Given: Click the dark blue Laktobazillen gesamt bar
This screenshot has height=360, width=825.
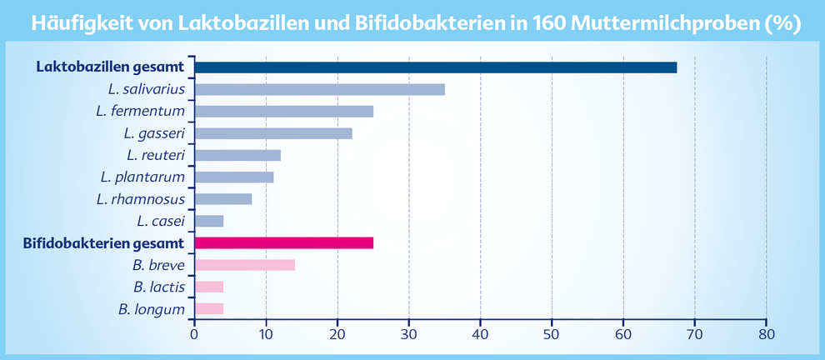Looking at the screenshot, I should pyautogui.click(x=435, y=67).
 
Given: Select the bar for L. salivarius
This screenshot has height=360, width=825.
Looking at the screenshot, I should pyautogui.click(x=319, y=89).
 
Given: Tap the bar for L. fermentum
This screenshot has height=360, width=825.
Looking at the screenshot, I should pyautogui.click(x=283, y=111).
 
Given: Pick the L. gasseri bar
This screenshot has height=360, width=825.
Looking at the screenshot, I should pyautogui.click(x=272, y=133).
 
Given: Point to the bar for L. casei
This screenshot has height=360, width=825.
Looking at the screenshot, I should pyautogui.click(x=208, y=221).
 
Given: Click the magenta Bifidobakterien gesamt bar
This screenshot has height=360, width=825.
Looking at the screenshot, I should pyautogui.click(x=283, y=242).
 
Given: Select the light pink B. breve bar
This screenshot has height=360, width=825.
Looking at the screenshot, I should pyautogui.click(x=244, y=265).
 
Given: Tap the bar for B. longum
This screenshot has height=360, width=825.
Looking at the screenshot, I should pyautogui.click(x=208, y=309).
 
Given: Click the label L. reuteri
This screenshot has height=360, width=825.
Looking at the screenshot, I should pyautogui.click(x=156, y=155).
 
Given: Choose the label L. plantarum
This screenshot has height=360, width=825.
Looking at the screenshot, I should pyautogui.click(x=142, y=177).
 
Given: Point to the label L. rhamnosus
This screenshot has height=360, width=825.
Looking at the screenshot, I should pyautogui.click(x=140, y=199).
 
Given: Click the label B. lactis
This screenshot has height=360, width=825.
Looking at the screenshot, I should pyautogui.click(x=159, y=287).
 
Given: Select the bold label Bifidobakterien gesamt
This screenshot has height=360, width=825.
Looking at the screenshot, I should pyautogui.click(x=103, y=243).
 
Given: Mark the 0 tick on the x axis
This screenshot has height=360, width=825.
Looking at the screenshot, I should pyautogui.click(x=194, y=333).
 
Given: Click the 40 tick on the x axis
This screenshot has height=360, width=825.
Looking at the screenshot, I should pyautogui.click(x=480, y=333).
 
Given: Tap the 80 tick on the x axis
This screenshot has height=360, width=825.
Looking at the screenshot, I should pyautogui.click(x=766, y=333).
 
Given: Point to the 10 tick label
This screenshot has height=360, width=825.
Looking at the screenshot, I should pyautogui.click(x=266, y=333).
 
